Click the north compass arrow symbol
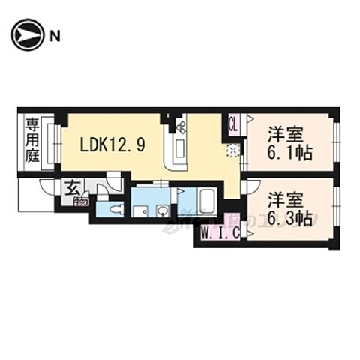[x=25, y=34]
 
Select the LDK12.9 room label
[x=112, y=145]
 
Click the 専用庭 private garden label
[x=31, y=140]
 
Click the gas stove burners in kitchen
[x=181, y=127]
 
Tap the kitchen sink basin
[x=181, y=150]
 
